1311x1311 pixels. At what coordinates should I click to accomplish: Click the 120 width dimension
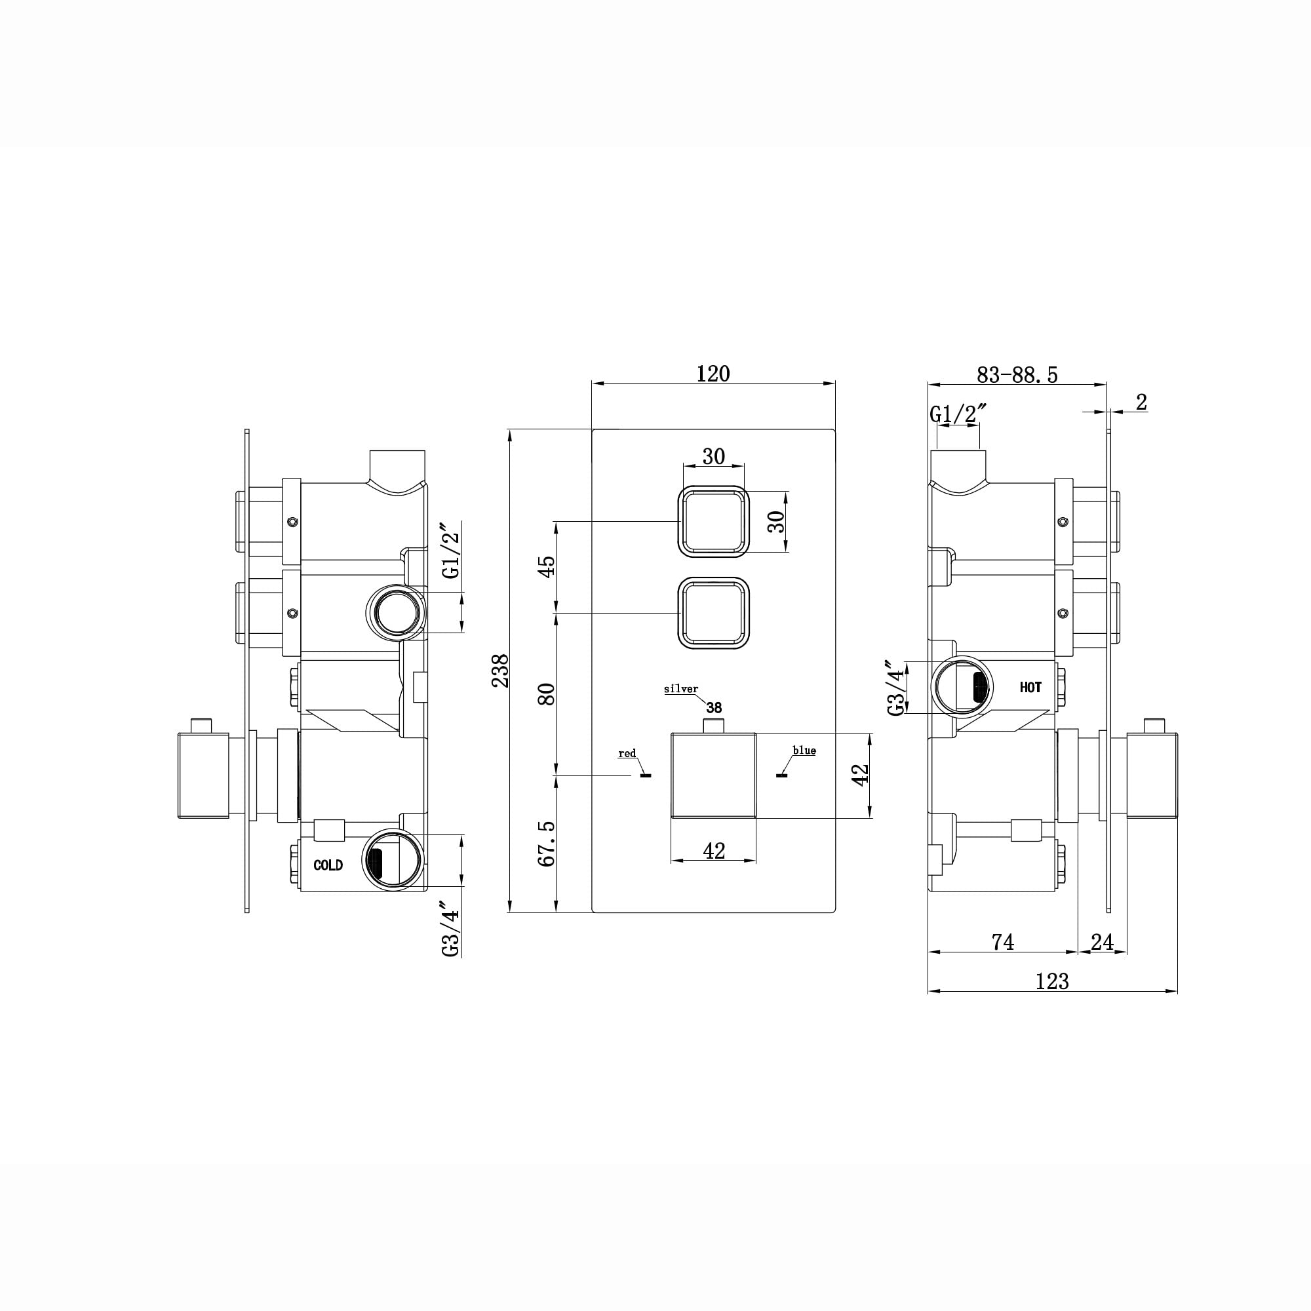(713, 374)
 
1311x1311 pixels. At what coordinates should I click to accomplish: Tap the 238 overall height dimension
(500, 671)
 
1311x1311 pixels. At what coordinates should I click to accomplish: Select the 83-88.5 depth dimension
(1017, 374)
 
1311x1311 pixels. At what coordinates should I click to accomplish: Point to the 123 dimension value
(1053, 981)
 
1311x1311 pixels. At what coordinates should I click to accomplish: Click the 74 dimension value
(1003, 942)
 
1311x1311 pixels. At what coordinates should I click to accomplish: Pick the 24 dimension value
(1102, 942)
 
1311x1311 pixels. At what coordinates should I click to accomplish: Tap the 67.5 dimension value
(546, 844)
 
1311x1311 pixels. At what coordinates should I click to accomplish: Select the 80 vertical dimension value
(546, 694)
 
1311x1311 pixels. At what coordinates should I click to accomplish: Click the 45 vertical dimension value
(546, 565)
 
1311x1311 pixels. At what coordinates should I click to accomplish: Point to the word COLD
(328, 865)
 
